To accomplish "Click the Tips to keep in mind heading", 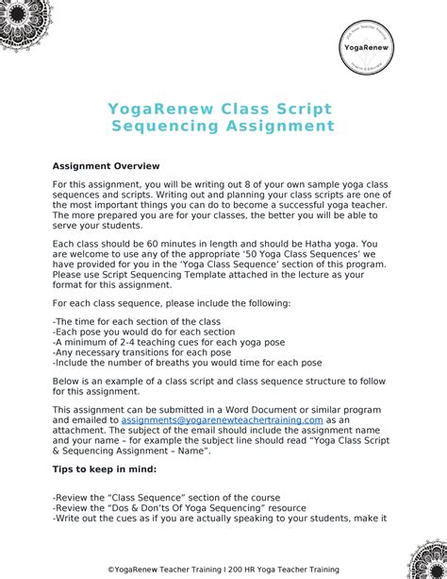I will (x=104, y=468).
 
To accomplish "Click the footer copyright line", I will (x=223, y=569).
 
